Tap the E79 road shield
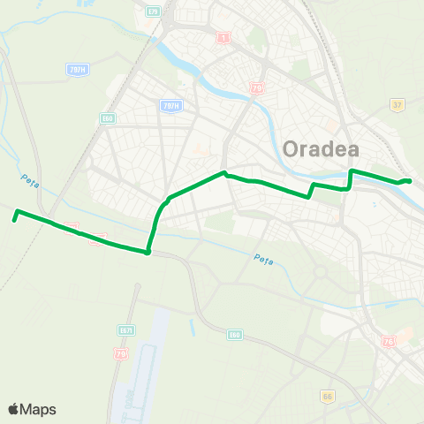pos(153,11)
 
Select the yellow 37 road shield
pos(397,104)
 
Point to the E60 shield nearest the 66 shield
pos(234,335)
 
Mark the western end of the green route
pos(16,211)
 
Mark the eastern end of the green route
pos(409,181)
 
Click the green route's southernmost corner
pos(148,252)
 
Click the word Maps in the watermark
pos(40,409)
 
